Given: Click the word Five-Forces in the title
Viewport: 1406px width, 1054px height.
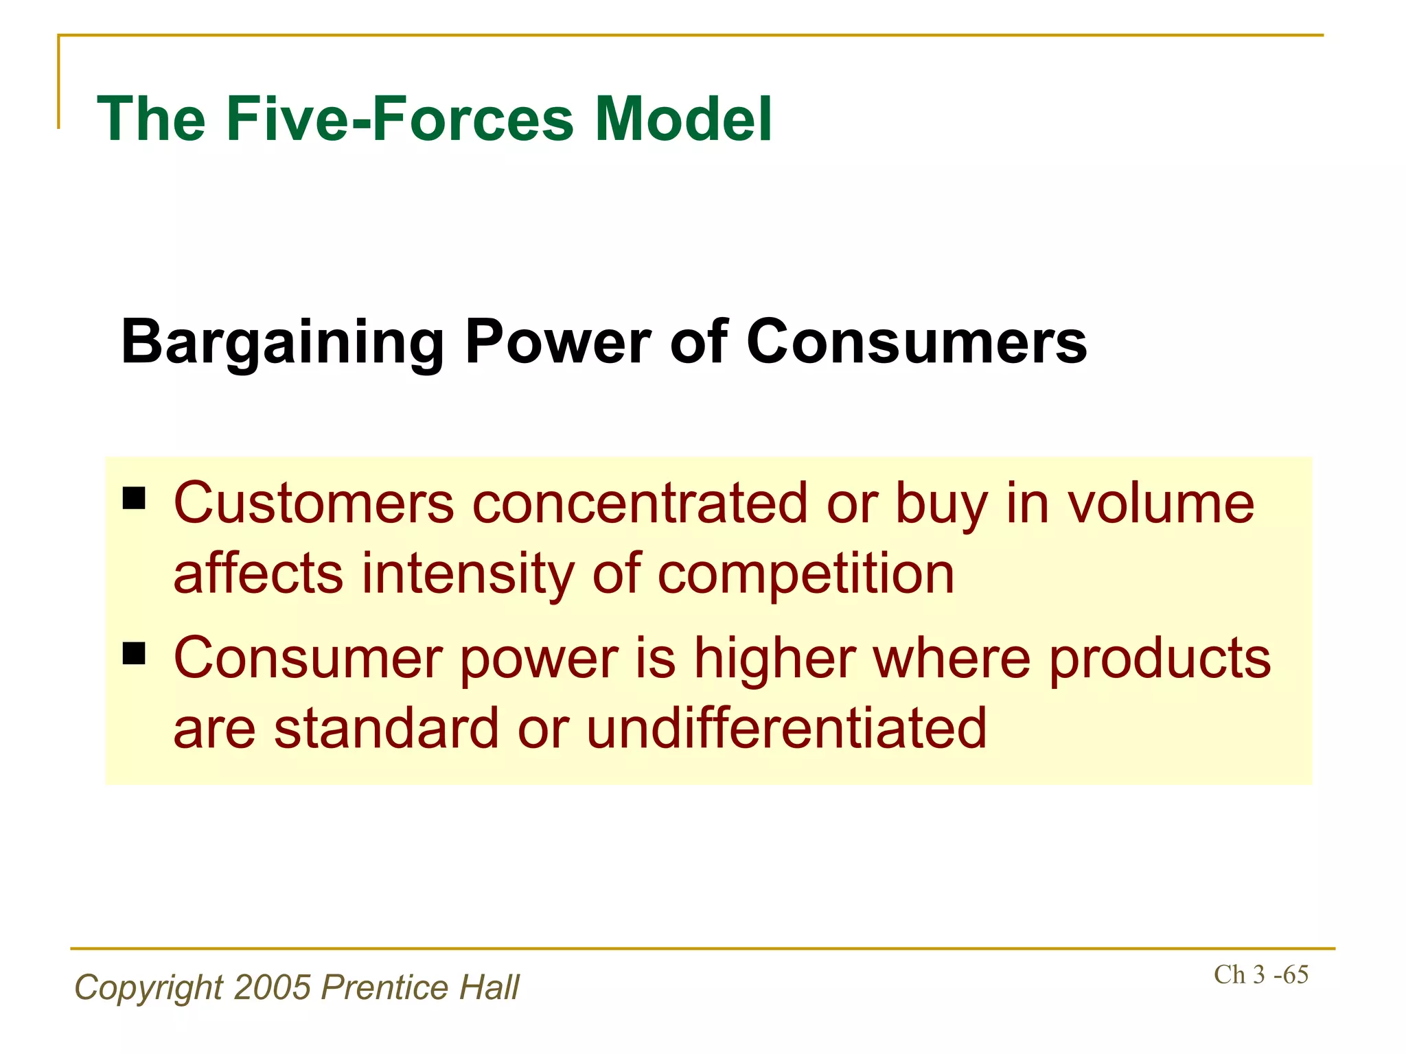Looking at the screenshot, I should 400,119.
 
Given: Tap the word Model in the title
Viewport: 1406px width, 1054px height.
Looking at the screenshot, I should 683,119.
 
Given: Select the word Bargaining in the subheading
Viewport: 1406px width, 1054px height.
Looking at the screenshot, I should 282,342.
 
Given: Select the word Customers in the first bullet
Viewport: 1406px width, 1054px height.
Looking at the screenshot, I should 314,504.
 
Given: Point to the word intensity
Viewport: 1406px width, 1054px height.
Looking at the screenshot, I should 468,575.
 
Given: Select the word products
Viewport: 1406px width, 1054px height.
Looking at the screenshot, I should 1160,659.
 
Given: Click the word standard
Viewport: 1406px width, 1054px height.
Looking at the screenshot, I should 387,728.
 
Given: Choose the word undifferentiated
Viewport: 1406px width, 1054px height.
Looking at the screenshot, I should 786,728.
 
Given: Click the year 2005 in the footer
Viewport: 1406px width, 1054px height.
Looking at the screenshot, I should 273,987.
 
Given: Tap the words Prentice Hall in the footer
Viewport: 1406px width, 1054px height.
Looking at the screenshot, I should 420,987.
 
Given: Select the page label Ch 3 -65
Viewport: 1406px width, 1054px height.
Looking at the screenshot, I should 1260,974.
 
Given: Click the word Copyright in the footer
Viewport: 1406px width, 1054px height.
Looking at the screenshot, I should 148,987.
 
